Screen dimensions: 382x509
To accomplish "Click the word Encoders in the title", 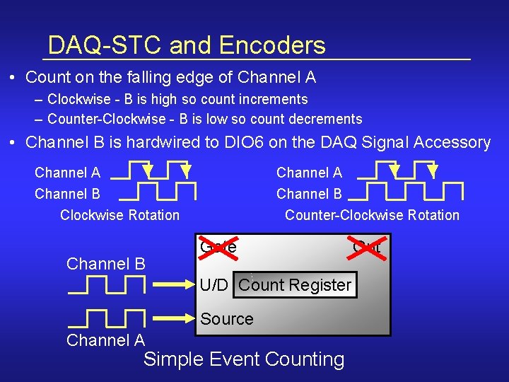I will tap(272, 45).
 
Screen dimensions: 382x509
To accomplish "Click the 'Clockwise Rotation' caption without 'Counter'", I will tap(119, 215).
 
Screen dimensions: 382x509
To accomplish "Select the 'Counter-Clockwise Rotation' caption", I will tap(372, 215).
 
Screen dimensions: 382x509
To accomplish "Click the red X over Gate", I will tap(218, 246).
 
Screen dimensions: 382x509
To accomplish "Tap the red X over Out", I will tap(366, 246).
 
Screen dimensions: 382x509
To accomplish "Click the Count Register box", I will tap(296, 285).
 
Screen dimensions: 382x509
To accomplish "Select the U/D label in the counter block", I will tap(213, 285).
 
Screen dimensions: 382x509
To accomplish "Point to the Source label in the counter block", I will tap(226, 319).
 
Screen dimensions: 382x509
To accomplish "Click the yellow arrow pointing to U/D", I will tap(174, 284).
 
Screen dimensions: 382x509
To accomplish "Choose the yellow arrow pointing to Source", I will tap(174, 319).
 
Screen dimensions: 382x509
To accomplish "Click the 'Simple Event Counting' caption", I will tap(244, 359).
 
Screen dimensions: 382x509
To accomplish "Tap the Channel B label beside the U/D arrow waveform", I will tap(105, 264).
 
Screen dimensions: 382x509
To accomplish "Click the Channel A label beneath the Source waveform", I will tap(105, 340).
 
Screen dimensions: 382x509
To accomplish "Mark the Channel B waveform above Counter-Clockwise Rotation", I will tap(406, 192).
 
